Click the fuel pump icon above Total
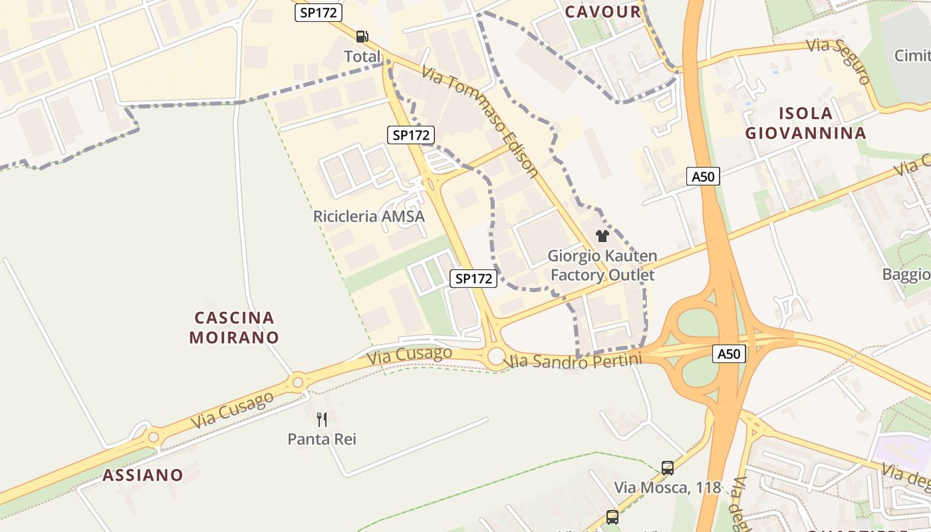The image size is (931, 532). (362, 37)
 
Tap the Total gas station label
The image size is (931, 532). (362, 57)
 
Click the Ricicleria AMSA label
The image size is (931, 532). (368, 216)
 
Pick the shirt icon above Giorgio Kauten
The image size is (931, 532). (602, 236)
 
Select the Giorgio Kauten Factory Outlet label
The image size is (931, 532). (602, 265)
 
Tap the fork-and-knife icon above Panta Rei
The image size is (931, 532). (322, 419)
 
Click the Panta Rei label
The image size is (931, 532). (322, 439)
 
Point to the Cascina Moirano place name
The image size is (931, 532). (234, 327)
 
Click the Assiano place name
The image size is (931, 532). (142, 475)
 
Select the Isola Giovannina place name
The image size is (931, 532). (805, 123)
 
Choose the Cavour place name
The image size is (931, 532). (602, 11)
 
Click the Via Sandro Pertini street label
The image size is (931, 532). (575, 361)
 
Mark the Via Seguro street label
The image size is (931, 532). (839, 61)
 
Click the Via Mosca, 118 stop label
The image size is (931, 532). (668, 487)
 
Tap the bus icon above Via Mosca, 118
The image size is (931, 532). (668, 467)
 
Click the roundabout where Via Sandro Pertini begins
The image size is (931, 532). (496, 356)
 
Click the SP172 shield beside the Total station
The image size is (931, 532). (319, 12)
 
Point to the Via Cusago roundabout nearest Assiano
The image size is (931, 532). (154, 437)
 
